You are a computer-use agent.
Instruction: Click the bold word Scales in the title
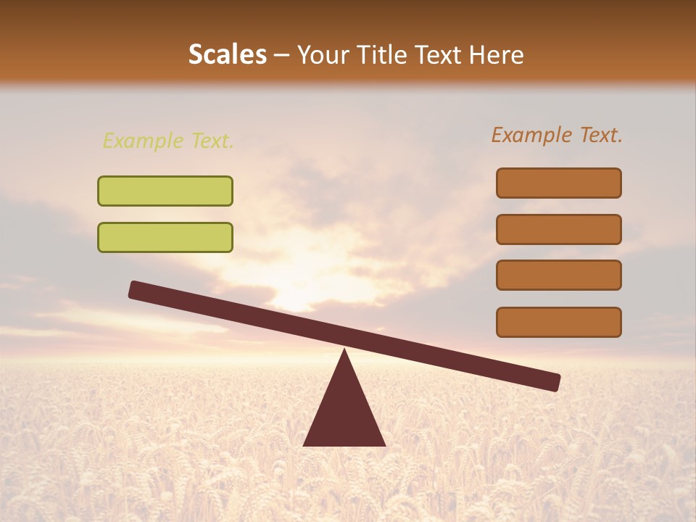click(x=227, y=55)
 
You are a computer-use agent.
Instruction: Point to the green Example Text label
click(x=168, y=141)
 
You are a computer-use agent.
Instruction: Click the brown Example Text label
click(x=557, y=135)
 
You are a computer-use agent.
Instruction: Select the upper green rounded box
click(x=165, y=191)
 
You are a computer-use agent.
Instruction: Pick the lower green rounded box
click(x=165, y=237)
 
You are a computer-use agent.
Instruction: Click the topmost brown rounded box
click(x=558, y=183)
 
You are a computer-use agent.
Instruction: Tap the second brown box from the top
click(x=558, y=229)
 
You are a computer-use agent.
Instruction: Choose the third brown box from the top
click(x=558, y=275)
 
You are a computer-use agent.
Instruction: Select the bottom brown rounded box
click(x=558, y=322)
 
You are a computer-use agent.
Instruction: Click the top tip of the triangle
click(x=344, y=352)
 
